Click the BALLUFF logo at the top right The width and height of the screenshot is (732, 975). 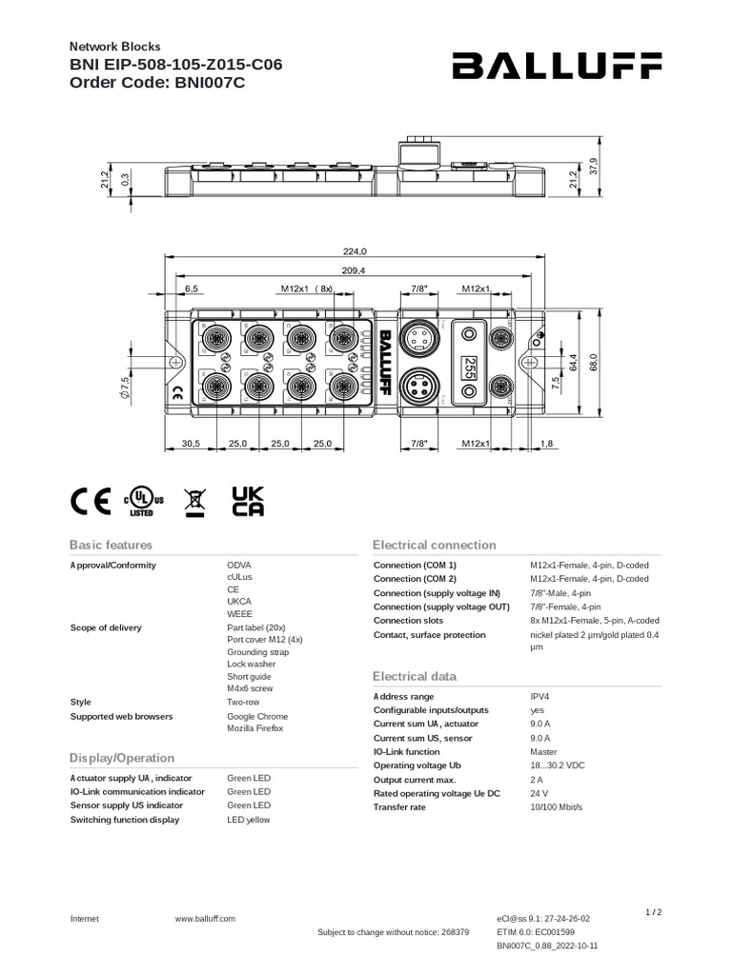click(x=557, y=66)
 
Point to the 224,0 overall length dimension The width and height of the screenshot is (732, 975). click(x=355, y=251)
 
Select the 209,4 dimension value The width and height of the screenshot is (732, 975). click(x=355, y=269)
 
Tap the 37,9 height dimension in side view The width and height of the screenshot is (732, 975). click(x=594, y=165)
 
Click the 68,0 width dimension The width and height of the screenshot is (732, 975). click(x=594, y=363)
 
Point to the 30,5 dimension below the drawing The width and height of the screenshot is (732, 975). click(x=191, y=444)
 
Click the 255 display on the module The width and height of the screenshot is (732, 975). click(x=469, y=367)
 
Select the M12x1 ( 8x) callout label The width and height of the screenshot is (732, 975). click(x=307, y=288)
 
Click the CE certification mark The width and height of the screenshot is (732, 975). click(x=91, y=502)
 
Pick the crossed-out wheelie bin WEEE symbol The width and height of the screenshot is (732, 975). click(x=194, y=502)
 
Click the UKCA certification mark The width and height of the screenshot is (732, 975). click(x=248, y=502)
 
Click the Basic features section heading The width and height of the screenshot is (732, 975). click(x=111, y=545)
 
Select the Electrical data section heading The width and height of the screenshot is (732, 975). click(x=415, y=676)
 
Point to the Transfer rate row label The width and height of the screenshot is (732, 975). click(x=399, y=806)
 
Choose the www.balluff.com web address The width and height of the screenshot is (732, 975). click(x=205, y=919)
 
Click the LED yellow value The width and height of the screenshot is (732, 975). click(x=249, y=819)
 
